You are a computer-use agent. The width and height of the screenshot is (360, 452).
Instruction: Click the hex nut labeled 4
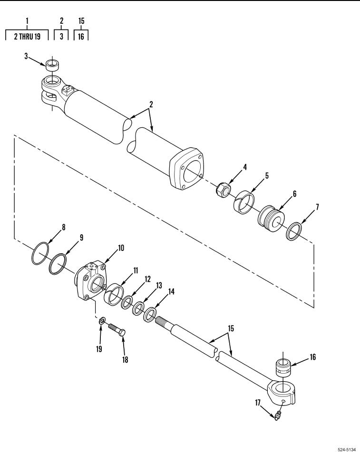pos(224,189)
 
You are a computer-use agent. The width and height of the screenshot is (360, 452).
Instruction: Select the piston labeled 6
pos(270,219)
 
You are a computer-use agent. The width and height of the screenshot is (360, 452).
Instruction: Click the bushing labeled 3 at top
pos(52,65)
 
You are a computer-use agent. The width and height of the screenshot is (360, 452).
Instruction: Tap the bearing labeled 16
pos(283,367)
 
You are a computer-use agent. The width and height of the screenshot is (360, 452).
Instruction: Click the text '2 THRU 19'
pos(28,36)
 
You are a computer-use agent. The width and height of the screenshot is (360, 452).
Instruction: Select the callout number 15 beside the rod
pos(231,328)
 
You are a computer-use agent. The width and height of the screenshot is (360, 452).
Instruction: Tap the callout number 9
pos(81,238)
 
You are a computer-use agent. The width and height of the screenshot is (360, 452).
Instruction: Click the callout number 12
pos(147,279)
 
